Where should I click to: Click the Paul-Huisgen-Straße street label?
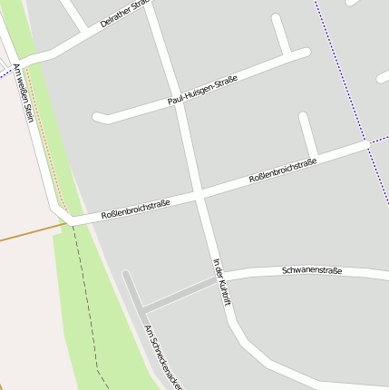coord(202,92)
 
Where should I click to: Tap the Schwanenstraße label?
coord(312,270)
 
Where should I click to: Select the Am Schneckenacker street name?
coord(163,357)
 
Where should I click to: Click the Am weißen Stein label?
coord(24,100)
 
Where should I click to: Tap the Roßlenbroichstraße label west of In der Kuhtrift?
coord(135,210)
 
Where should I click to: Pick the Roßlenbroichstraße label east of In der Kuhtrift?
coord(283,171)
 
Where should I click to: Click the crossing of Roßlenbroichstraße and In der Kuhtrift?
coord(197,193)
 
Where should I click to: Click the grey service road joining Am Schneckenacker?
coord(178,296)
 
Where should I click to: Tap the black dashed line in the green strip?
coord(87,299)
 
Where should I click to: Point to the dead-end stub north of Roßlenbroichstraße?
coord(307,132)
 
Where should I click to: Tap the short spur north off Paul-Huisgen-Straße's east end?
coord(280,34)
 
